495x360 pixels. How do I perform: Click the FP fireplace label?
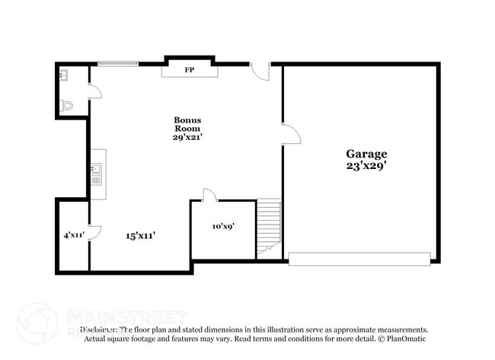[x=189, y=70]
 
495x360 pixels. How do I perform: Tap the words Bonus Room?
[x=187, y=124]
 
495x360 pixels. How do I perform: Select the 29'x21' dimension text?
[x=187, y=137]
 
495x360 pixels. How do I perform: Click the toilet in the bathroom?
[x=65, y=107]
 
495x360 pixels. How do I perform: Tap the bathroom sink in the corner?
[x=63, y=74]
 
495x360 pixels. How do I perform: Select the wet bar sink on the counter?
[x=97, y=173]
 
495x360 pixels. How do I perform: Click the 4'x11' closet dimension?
[x=73, y=235]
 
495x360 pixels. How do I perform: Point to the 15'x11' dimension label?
[x=141, y=236]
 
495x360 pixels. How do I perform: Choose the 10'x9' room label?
[x=222, y=226]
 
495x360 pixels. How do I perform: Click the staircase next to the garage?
[x=268, y=226]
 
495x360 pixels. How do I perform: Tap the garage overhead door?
[x=359, y=259]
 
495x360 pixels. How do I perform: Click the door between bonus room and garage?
[x=290, y=134]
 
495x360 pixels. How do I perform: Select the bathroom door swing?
[x=95, y=91]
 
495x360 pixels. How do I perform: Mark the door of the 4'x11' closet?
[x=94, y=233]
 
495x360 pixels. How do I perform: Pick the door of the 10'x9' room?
[x=210, y=196]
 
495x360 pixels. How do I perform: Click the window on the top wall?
[x=117, y=64]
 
